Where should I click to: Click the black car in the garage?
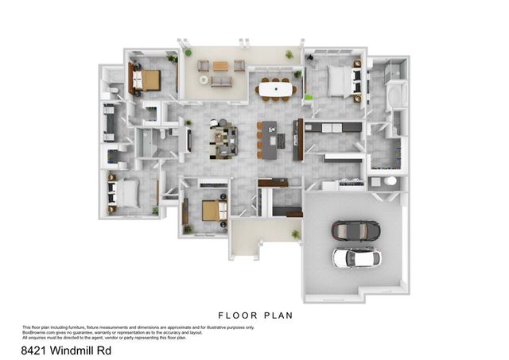click(x=355, y=231)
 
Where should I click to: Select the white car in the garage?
click(x=355, y=257)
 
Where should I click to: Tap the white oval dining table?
click(x=277, y=91)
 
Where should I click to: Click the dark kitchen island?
click(x=271, y=137)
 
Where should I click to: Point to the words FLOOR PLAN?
click(x=255, y=315)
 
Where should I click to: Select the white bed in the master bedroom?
click(x=340, y=80)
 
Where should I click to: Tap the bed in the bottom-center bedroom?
click(x=211, y=210)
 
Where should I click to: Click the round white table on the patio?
click(x=204, y=80)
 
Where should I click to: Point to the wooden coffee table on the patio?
click(x=220, y=66)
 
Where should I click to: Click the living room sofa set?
click(x=223, y=137)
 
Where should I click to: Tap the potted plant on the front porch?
click(x=295, y=234)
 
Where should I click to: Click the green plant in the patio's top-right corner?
click(x=289, y=54)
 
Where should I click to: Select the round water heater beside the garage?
click(x=390, y=181)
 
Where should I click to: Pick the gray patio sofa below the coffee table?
click(x=221, y=81)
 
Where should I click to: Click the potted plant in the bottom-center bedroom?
click(x=188, y=229)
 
